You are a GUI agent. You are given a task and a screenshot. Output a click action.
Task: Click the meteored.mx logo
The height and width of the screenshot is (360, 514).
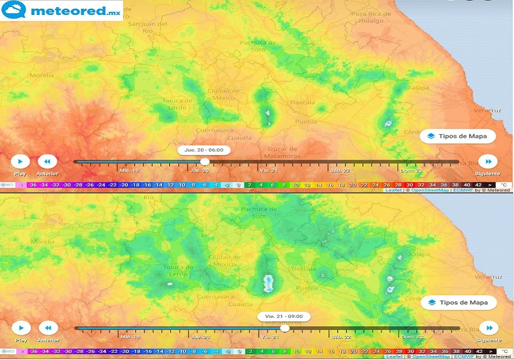tap(62, 10)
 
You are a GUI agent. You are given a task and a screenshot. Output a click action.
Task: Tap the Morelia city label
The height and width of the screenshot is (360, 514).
tap(42, 75)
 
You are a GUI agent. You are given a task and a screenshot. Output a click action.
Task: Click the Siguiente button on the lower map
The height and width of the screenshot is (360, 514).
tap(488, 328)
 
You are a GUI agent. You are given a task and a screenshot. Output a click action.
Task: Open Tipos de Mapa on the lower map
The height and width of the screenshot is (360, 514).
tap(458, 302)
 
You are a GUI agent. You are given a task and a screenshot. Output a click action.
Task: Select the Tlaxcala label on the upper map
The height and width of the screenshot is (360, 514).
tap(302, 103)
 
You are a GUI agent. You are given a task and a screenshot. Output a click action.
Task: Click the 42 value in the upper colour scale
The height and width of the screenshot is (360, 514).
tap(478, 185)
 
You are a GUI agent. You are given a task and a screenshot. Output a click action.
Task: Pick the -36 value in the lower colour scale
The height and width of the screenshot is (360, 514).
tap(32, 351)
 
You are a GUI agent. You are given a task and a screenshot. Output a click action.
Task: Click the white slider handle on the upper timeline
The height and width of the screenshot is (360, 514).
tap(205, 161)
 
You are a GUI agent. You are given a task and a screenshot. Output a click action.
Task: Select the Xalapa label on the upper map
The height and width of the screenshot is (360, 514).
tap(418, 88)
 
